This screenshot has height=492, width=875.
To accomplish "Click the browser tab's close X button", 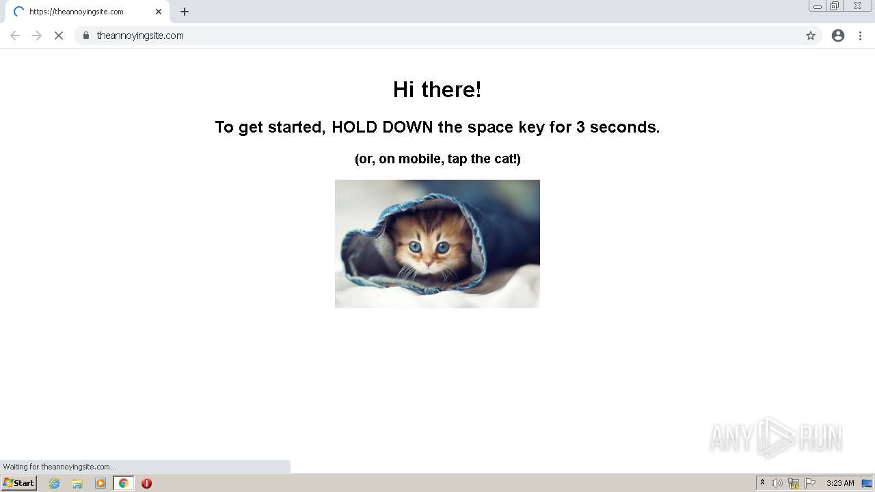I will pos(159,12).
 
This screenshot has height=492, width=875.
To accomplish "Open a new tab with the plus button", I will pos(185,12).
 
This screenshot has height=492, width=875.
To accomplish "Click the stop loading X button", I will pos(59,36).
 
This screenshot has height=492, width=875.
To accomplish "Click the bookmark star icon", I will pos(811,36).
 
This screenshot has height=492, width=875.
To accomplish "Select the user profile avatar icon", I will pos(838,36).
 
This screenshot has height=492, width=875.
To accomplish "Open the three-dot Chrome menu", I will pos(860,36).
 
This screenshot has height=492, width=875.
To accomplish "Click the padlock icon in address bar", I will pos(86,36).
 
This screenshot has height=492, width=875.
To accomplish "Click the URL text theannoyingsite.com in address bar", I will pos(140,36).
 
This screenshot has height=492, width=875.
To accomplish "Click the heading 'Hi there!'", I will pos(437,90).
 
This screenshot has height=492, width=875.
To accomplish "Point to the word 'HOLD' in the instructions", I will pos(354,127).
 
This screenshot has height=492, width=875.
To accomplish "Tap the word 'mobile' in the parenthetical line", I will pos(420,159).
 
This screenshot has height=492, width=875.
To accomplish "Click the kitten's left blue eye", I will pos(415,247).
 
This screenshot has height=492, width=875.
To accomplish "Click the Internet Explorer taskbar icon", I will pos(55,483).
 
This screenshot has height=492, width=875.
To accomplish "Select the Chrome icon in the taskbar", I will pos(123,483).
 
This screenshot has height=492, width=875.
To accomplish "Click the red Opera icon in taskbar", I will pos(146,483).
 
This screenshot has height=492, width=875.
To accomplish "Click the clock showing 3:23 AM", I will pos(840,483).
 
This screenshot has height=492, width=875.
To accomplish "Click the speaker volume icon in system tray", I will pos(777,483).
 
